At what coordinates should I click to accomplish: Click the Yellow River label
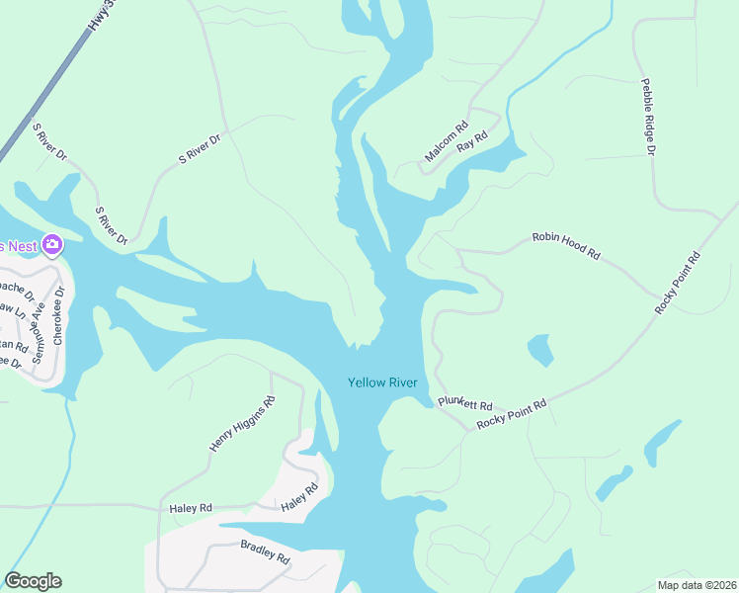click(x=382, y=382)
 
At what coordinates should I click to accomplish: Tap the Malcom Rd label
click(x=446, y=142)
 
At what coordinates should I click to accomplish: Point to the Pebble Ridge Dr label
click(x=648, y=117)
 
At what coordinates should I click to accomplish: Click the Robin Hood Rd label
click(x=566, y=245)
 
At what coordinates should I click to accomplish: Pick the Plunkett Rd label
click(x=464, y=405)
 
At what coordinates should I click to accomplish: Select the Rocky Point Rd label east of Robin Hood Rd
click(x=678, y=284)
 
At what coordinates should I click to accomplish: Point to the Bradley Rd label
click(x=265, y=551)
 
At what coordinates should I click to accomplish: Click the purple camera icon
click(x=52, y=244)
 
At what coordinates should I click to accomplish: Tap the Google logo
click(x=33, y=581)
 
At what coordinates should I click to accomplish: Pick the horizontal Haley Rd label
click(x=192, y=508)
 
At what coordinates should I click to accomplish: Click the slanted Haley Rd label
click(x=299, y=497)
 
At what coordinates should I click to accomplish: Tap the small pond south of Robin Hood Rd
click(x=540, y=349)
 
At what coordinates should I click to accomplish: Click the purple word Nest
click(x=22, y=245)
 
